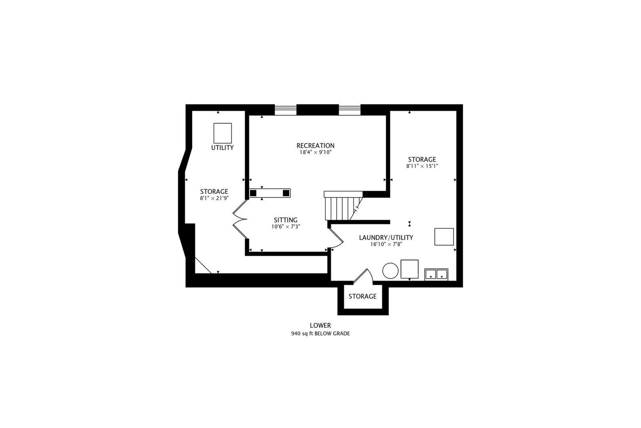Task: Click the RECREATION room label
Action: click(x=315, y=146)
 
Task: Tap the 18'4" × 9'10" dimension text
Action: click(x=315, y=152)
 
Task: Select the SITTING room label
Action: click(x=286, y=220)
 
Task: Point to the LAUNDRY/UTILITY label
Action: click(x=386, y=237)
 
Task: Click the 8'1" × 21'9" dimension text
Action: click(x=214, y=198)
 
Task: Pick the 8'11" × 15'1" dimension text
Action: click(x=422, y=166)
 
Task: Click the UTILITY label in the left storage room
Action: click(x=222, y=148)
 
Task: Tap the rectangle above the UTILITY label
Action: click(x=223, y=133)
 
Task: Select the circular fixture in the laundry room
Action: click(x=390, y=271)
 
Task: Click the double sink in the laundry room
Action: click(x=436, y=274)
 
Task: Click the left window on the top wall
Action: click(x=285, y=110)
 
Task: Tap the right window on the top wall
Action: click(x=350, y=110)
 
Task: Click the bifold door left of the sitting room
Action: click(x=240, y=219)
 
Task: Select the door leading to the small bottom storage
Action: click(x=363, y=276)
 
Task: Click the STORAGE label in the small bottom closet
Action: click(x=362, y=296)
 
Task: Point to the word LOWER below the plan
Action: click(x=320, y=325)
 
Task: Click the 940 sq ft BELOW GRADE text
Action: click(x=320, y=333)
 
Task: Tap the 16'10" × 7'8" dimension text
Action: click(x=386, y=244)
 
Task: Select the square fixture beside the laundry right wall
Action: click(x=444, y=237)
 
